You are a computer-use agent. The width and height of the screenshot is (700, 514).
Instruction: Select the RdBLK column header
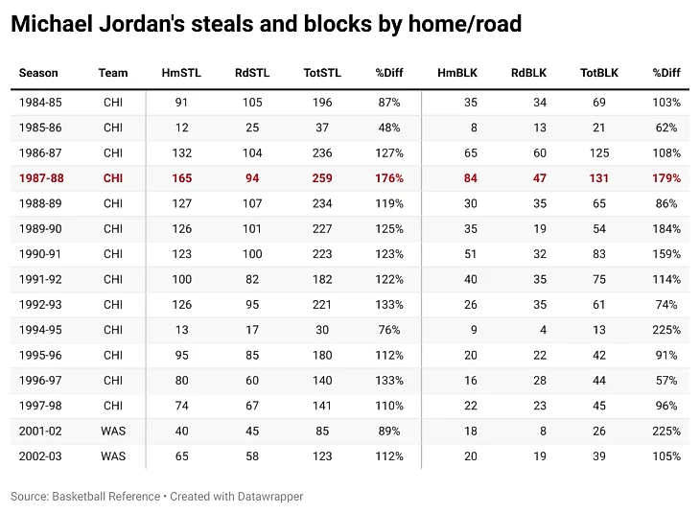[528, 73]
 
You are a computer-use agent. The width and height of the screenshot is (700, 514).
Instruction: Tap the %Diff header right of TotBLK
[665, 73]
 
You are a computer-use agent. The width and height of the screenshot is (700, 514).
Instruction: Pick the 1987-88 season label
[39, 178]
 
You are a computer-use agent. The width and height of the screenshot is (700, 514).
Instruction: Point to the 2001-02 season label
[39, 432]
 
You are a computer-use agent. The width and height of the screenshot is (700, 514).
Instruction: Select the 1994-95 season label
[39, 330]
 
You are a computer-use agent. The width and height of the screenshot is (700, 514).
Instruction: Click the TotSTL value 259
[322, 178]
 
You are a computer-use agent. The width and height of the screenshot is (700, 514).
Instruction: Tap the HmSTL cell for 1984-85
[181, 103]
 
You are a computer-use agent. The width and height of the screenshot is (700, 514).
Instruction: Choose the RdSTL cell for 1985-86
[251, 128]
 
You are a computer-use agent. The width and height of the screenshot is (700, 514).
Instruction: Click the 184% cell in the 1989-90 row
[666, 229]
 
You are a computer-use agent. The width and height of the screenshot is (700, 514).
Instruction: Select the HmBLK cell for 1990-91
[470, 254]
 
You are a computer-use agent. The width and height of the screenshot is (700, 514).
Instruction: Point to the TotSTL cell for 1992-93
[322, 305]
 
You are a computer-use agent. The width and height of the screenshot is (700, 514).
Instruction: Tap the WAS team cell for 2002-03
[112, 456]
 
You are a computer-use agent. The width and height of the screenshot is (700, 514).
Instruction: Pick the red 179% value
[666, 178]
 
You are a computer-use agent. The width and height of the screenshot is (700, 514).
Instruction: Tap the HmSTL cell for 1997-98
[181, 406]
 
